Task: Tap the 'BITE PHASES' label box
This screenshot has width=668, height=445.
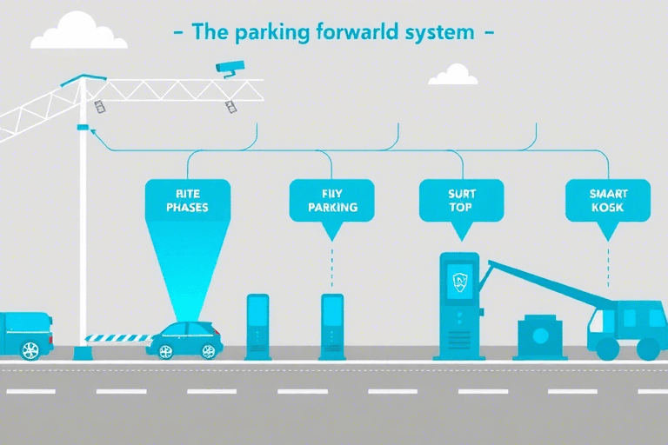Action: [x=187, y=201]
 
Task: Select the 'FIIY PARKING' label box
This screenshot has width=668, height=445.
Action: [x=332, y=201]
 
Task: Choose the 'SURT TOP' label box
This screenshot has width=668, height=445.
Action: [x=461, y=201]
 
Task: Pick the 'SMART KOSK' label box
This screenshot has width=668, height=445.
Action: [x=608, y=201]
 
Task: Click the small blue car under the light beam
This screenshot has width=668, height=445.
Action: [x=184, y=339]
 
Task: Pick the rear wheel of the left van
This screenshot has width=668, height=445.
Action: [x=30, y=349]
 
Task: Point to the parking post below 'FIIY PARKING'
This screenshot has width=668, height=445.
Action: [x=332, y=326]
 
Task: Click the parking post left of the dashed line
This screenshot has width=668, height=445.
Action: [x=257, y=326]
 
